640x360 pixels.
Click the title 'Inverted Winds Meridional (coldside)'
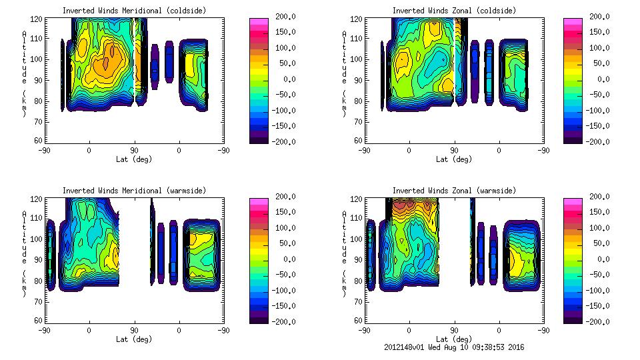pos(134,11)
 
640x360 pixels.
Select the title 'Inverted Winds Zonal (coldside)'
pos(454,11)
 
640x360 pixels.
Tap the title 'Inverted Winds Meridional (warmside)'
pos(134,191)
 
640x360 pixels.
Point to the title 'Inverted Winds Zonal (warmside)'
pos(454,191)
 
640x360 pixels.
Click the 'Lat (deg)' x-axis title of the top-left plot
pos(133,159)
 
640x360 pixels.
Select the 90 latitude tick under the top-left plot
pos(133,151)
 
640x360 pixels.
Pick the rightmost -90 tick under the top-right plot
pos(543,151)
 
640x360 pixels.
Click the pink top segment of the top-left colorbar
pos(258,22)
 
